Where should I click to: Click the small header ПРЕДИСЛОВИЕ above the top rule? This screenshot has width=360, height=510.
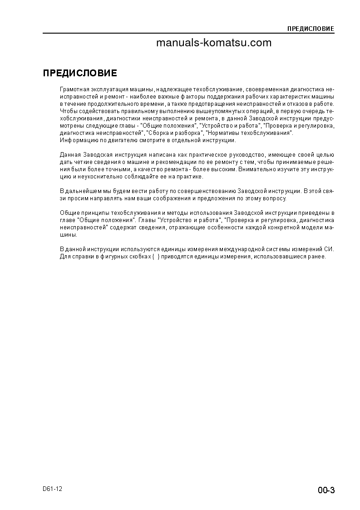pyautogui.click(x=311, y=29)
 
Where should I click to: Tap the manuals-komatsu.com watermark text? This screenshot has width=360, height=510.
pyautogui.click(x=214, y=43)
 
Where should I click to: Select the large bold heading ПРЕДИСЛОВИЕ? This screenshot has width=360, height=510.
pyautogui.click(x=80, y=74)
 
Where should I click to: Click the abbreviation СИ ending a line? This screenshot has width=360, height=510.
pyautogui.click(x=330, y=249)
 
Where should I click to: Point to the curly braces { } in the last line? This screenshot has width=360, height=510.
pyautogui.click(x=156, y=257)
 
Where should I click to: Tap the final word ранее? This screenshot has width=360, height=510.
pyautogui.click(x=317, y=257)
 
